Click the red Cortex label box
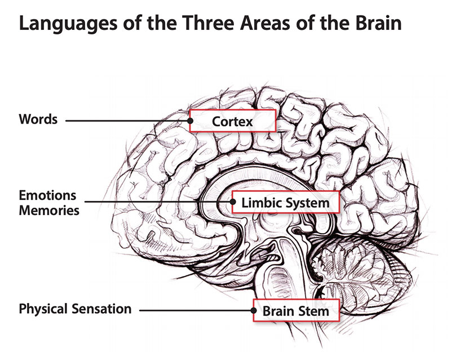tap(232, 121)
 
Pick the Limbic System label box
tap(285, 201)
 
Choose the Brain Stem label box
tap(296, 310)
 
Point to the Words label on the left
tap(38, 120)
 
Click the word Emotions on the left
tap(47, 195)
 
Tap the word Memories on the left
tap(49, 210)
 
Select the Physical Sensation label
tap(75, 309)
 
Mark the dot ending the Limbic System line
tap(233, 201)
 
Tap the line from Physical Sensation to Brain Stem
tap(197, 310)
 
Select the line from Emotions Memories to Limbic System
tap(158, 201)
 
